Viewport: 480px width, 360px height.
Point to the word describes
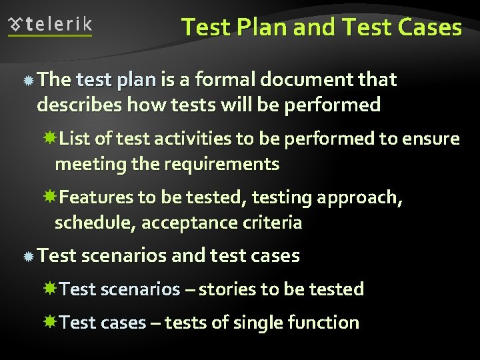coord(79,105)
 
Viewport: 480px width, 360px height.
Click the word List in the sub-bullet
coord(75,139)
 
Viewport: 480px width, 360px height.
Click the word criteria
coord(275,223)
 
